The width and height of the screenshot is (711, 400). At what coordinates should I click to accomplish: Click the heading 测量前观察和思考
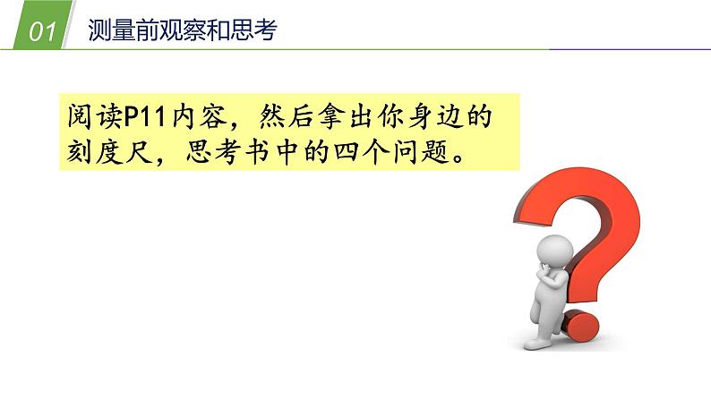point(184,31)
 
